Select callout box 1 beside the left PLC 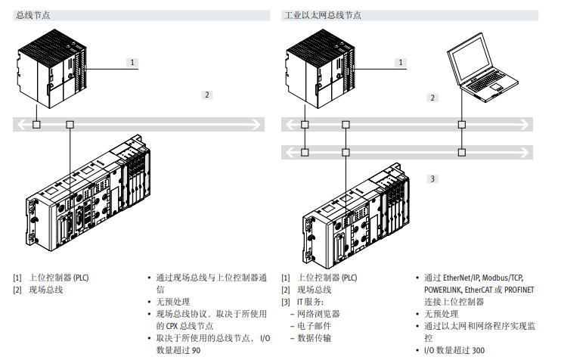(132, 63)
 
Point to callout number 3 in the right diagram (432, 178)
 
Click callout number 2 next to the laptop (432, 98)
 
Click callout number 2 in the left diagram (206, 95)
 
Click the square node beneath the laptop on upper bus (460, 124)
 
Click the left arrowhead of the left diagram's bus (19, 124)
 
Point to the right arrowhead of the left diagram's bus (260, 124)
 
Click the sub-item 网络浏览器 (318, 314)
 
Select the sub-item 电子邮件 (312, 326)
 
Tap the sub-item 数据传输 (312, 338)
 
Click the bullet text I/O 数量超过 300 (454, 350)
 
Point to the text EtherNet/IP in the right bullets (461, 278)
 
